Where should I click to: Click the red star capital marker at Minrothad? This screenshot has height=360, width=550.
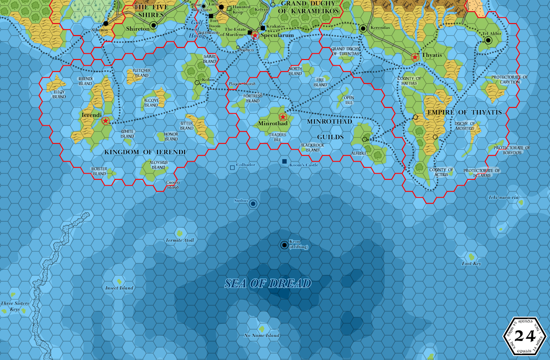[283, 117]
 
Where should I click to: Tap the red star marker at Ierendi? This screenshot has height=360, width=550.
[106, 121]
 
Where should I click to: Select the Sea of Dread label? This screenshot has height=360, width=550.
[268, 284]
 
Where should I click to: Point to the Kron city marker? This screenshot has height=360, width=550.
[284, 245]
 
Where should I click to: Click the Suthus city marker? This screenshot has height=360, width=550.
[253, 203]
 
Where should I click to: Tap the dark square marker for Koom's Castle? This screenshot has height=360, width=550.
[284, 162]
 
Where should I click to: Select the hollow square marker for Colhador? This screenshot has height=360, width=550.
[232, 167]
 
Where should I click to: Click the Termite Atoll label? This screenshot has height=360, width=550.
[180, 240]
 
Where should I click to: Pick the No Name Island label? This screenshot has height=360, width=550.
[262, 335]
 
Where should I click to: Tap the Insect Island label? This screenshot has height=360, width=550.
[119, 288]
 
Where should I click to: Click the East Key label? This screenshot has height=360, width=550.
[471, 264]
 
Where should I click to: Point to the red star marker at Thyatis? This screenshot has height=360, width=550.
[415, 57]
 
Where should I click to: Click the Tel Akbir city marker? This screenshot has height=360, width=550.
[488, 40]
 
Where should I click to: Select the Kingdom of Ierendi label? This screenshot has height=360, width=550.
[145, 152]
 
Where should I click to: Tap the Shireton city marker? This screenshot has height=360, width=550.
[153, 25]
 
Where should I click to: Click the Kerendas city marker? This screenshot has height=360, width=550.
[363, 28]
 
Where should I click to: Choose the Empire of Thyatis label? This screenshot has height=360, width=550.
[464, 112]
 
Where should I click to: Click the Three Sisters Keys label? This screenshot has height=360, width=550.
[15, 306]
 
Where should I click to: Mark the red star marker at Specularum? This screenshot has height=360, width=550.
[255, 36]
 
